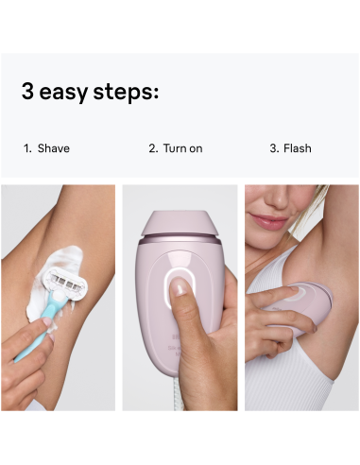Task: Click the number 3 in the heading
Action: pos(28,93)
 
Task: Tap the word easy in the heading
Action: pos(70,94)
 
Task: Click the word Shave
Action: pos(54,148)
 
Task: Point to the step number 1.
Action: pos(27,148)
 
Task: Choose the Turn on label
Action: pos(182,148)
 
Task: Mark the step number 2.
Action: pos(152,148)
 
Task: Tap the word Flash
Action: pos(298,148)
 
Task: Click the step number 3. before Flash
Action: pos(275,148)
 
